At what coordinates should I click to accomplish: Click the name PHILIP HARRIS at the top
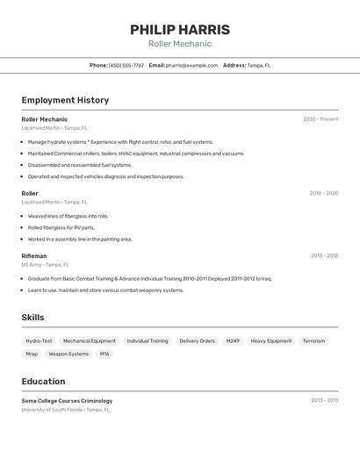pyautogui.click(x=180, y=30)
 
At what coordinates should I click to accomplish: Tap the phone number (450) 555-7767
pyautogui.click(x=126, y=65)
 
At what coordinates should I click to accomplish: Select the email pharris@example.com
pyautogui.click(x=191, y=65)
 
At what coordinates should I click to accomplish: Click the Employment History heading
pyautogui.click(x=65, y=100)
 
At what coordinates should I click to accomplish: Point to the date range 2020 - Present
pyautogui.click(x=320, y=119)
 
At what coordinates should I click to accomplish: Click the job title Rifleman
pyautogui.click(x=34, y=256)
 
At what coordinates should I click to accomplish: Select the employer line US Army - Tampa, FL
pyautogui.click(x=45, y=264)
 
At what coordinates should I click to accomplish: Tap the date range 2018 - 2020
pyautogui.click(x=323, y=193)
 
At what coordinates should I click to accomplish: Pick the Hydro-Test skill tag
pyautogui.click(x=39, y=340)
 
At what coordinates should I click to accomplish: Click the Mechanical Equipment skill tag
pyautogui.click(x=90, y=340)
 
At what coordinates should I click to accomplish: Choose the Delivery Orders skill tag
pyautogui.click(x=197, y=340)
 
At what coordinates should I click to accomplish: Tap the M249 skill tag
pyautogui.click(x=233, y=340)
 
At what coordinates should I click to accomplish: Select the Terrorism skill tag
pyautogui.click(x=313, y=340)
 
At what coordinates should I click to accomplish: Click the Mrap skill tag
pyautogui.click(x=32, y=354)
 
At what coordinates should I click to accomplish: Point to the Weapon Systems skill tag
pyautogui.click(x=68, y=354)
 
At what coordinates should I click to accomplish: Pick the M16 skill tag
pyautogui.click(x=104, y=354)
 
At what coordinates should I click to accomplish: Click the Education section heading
pyautogui.click(x=43, y=382)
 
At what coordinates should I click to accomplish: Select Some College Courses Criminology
pyautogui.click(x=67, y=401)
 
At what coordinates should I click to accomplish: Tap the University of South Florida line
pyautogui.click(x=66, y=409)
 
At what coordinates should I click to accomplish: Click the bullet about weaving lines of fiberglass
pyautogui.click(x=68, y=216)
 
